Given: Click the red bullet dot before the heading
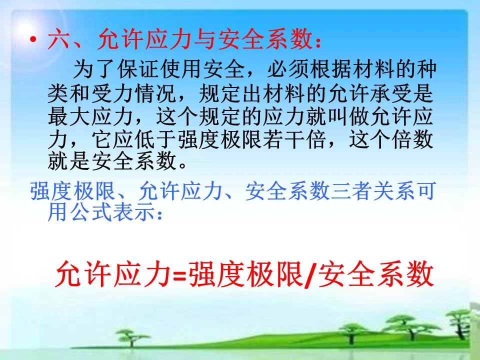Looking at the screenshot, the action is [x=33, y=40].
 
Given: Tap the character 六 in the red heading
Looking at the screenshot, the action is [x=58, y=39].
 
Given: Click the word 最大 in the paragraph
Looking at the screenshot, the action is [x=69, y=116].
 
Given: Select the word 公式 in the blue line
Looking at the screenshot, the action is [x=90, y=212].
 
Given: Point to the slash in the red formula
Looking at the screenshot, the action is [x=310, y=274].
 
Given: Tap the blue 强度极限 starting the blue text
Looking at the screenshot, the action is [x=72, y=191].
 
